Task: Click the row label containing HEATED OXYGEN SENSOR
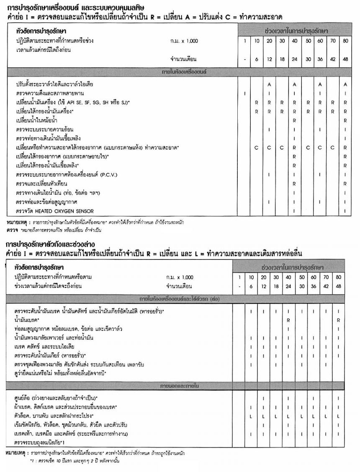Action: (x=54, y=211)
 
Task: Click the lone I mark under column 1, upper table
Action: (x=244, y=93)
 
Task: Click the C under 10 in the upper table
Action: (x=256, y=148)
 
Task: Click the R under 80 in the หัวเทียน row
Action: (x=345, y=184)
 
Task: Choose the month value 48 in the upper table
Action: (x=345, y=59)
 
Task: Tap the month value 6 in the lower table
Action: (x=251, y=287)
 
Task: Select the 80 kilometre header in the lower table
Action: (x=338, y=277)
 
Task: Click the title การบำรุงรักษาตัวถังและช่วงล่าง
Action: (x=51, y=244)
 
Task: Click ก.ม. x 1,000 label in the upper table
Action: (x=184, y=41)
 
